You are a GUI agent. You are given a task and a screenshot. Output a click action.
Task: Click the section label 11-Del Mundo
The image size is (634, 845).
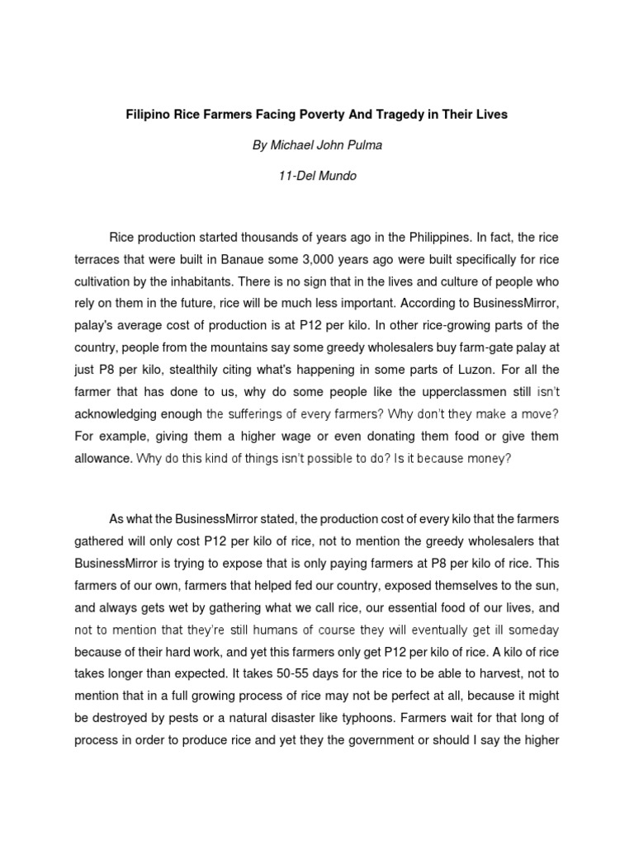point(317,176)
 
